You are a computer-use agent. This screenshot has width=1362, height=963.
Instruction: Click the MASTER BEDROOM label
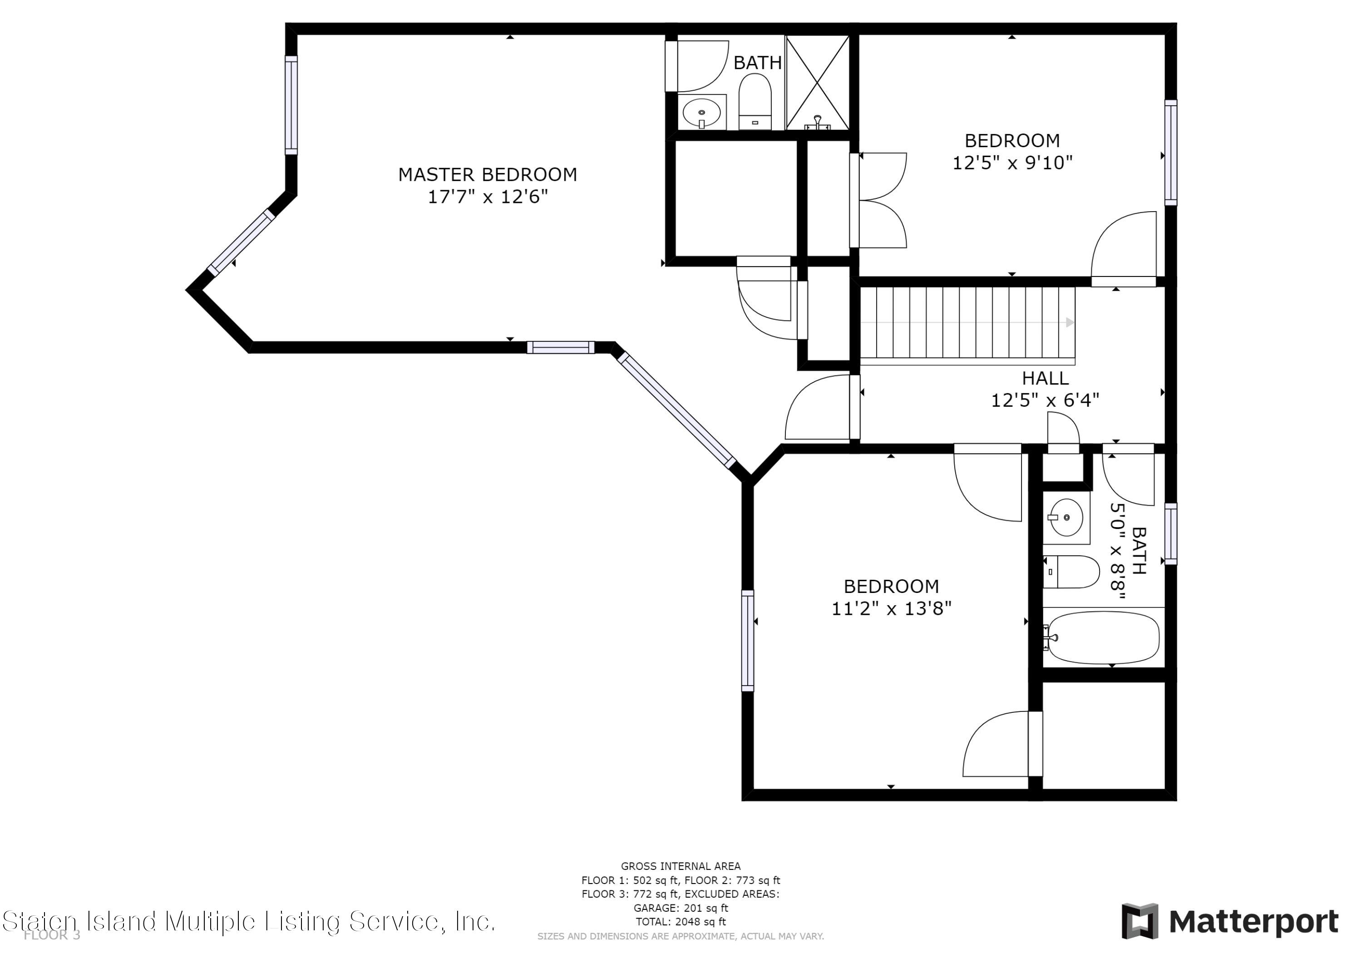pos(487,174)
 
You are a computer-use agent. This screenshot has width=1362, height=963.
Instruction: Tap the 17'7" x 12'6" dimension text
pos(488,197)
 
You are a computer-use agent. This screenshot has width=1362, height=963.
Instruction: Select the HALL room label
pos(1045,378)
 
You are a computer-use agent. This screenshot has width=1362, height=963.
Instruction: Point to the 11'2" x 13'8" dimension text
pos(891,609)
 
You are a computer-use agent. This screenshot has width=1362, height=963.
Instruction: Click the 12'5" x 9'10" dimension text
pos(1012,163)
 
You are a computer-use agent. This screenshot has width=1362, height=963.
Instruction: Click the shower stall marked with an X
pos(818,83)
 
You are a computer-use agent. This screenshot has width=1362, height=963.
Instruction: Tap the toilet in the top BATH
pos(755,101)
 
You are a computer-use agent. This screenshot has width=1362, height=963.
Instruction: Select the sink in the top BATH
pos(702,112)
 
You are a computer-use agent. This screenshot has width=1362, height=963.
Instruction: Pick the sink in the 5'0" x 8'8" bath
pos(1066,518)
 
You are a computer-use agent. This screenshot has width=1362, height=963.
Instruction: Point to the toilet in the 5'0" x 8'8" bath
pos(1071,572)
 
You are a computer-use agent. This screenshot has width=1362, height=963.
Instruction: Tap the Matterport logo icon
pos(1140,922)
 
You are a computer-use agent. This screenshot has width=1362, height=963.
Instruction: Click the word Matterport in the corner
pos(1253,922)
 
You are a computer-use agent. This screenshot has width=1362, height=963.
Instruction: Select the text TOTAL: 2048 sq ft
pos(681,922)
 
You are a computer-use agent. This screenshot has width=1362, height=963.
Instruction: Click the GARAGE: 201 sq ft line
pos(681,908)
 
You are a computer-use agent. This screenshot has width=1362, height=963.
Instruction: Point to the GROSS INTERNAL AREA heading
pos(681,866)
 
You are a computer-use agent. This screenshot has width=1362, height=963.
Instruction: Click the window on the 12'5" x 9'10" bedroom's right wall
pos(1170,153)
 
